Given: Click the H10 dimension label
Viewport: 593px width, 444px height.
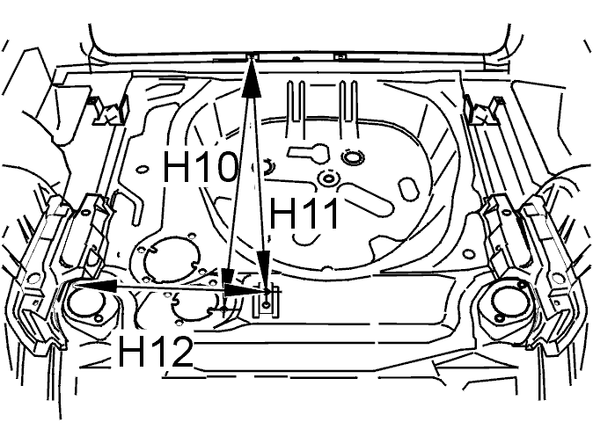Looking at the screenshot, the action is tap(200, 166).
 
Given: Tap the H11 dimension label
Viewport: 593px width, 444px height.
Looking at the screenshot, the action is tap(304, 214).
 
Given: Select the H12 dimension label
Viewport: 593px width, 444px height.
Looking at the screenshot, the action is tap(156, 352).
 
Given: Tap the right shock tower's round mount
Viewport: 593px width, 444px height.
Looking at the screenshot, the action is tap(508, 301).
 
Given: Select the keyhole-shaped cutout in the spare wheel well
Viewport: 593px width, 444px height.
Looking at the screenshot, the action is tap(310, 153).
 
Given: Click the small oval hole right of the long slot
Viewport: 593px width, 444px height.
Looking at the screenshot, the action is tap(408, 188).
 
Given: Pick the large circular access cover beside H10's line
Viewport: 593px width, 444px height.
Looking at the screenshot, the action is tap(172, 258).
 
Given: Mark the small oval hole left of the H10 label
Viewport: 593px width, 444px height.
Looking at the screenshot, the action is tap(141, 170).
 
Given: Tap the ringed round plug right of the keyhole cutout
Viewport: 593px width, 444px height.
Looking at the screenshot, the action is tap(352, 156).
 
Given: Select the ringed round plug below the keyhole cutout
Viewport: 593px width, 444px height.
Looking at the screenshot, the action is tap(328, 178).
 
